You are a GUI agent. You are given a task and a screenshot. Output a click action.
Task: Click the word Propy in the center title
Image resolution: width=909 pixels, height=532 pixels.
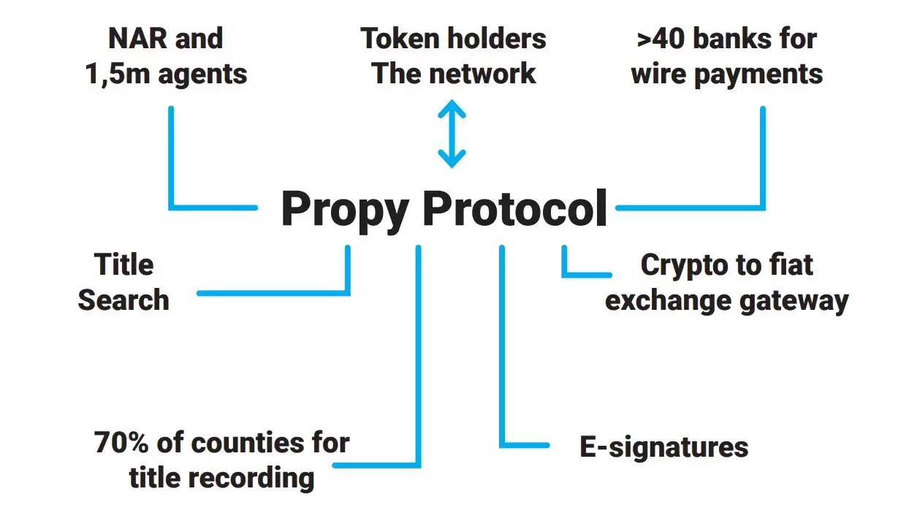point(345,210)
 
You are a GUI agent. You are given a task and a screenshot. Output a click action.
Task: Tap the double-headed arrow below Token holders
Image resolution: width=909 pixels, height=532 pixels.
point(452,134)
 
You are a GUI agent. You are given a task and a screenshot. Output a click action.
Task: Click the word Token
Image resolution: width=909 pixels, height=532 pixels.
point(398,39)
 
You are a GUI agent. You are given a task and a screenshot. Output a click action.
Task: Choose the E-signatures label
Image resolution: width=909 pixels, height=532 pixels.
point(663,447)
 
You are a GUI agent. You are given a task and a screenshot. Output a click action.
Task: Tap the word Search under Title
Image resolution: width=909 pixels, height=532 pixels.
point(123,300)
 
